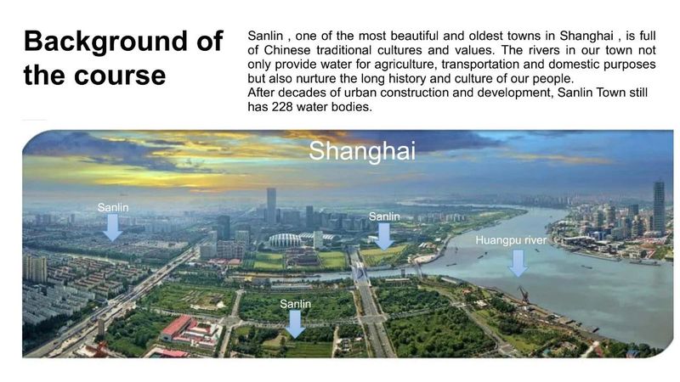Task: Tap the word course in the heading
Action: point(120,76)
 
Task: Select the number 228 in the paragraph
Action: point(281,107)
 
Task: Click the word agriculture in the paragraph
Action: point(405,65)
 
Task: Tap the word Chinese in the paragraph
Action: point(287,50)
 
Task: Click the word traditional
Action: point(343,50)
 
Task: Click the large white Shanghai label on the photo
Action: point(362,151)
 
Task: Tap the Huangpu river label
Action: point(511,240)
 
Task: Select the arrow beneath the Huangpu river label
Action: point(518,263)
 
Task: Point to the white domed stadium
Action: point(286,240)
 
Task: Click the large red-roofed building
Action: point(177,327)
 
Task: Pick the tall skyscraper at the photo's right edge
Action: point(659,208)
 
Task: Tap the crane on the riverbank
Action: point(524,295)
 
